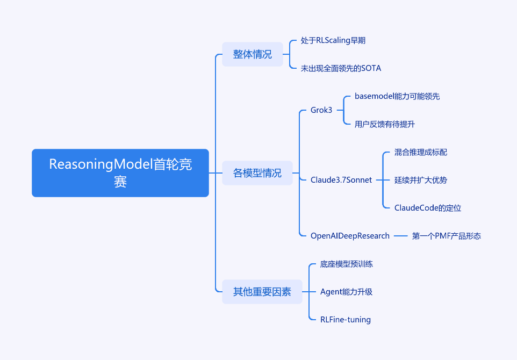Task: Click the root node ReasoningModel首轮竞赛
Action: (120, 173)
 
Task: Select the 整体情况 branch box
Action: (253, 54)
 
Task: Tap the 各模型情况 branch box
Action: (257, 173)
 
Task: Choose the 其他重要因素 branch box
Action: (262, 292)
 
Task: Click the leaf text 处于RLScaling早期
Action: (333, 40)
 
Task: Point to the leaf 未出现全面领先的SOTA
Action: (341, 68)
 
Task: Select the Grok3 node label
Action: (321, 110)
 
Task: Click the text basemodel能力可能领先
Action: (397, 96)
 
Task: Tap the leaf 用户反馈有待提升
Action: (385, 124)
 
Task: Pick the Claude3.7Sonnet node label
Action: (341, 180)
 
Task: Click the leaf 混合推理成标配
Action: (421, 152)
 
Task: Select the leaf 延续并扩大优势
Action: (421, 180)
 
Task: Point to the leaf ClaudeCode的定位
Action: (428, 208)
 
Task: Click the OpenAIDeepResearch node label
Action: (350, 236)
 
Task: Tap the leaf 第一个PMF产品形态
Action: (447, 236)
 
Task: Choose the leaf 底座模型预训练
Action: (347, 264)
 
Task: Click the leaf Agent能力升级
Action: (346, 292)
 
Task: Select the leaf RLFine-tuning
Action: (346, 320)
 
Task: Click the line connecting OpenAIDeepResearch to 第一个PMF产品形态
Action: (401, 236)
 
